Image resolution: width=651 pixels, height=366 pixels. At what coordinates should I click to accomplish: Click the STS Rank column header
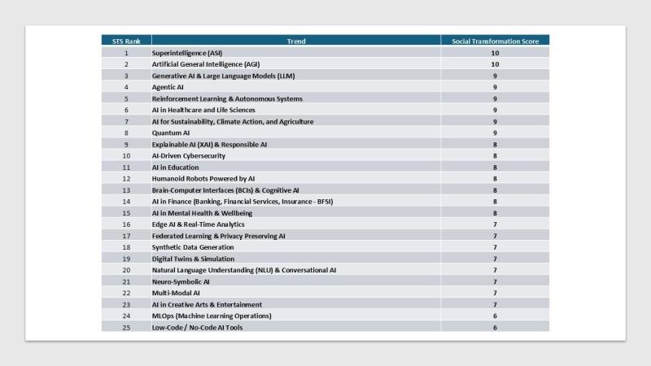point(126,41)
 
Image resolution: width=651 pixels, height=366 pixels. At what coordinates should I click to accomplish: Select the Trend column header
point(296,41)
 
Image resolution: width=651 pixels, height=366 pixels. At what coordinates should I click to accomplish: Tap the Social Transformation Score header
point(495,41)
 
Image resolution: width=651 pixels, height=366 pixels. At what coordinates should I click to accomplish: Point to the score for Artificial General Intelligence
point(495,64)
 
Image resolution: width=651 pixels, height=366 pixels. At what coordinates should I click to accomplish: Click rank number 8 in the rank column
point(126,133)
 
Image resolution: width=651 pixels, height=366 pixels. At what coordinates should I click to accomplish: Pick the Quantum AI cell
point(171,133)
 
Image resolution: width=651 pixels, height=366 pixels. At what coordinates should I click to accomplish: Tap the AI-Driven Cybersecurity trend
point(189,155)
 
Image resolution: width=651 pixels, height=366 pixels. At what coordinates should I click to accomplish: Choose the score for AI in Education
point(495,167)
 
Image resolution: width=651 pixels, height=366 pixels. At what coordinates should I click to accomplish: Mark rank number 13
point(126,190)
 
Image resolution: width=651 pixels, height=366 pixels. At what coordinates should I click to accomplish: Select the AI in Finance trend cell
point(242,202)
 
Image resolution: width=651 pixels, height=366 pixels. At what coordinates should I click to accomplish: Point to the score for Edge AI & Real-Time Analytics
point(495,224)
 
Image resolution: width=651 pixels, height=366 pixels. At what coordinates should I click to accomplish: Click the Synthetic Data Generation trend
point(193,247)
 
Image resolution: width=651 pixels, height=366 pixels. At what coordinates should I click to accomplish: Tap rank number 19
point(126,259)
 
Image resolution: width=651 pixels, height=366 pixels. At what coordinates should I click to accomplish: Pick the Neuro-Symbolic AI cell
point(181,281)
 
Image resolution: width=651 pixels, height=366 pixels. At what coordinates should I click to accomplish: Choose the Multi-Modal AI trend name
point(176,293)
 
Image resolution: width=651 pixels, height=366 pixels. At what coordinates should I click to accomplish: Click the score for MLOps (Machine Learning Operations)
point(495,316)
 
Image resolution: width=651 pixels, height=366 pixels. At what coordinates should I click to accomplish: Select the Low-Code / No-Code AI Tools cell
point(197,327)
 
